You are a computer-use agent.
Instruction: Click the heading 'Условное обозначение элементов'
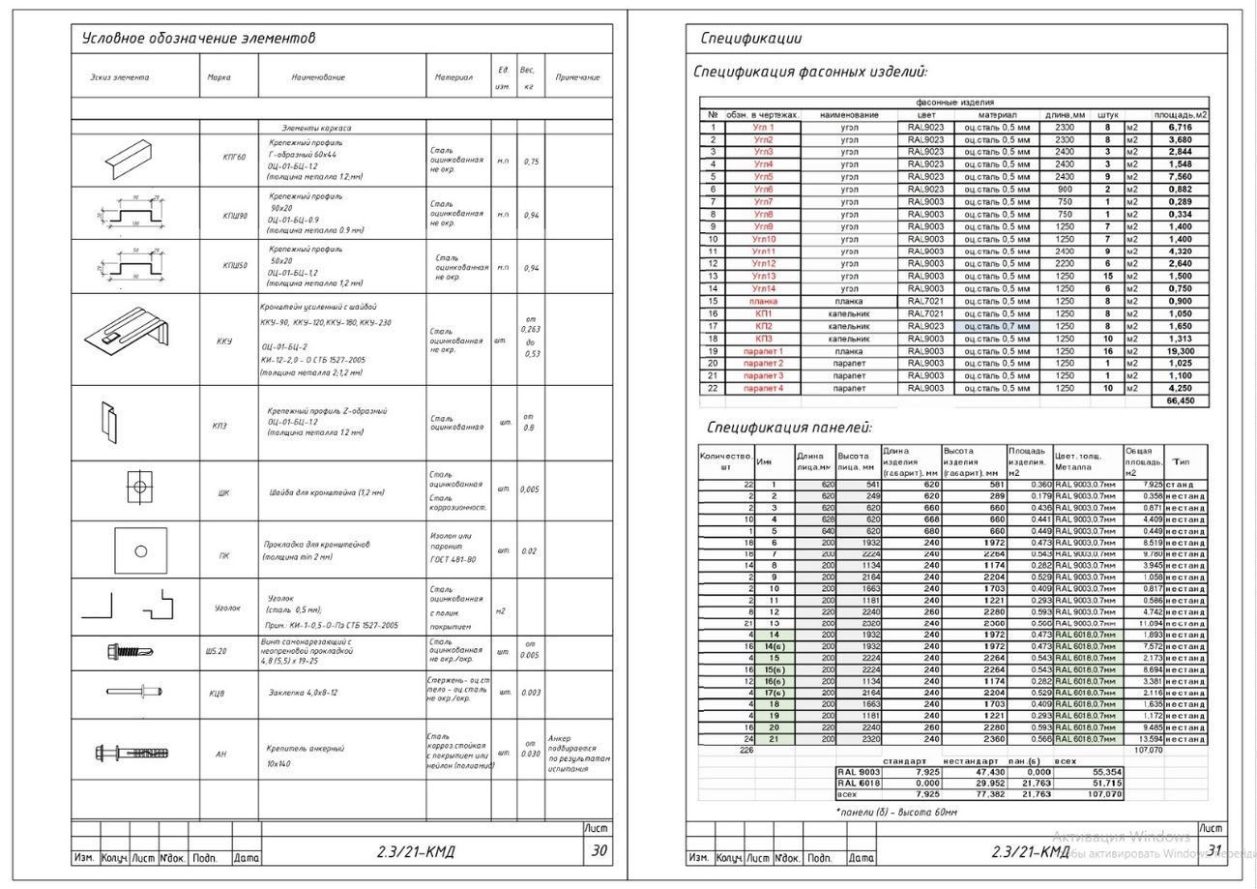(198, 39)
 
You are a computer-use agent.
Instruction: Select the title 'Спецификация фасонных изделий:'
(810, 72)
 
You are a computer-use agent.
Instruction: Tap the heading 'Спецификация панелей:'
(789, 428)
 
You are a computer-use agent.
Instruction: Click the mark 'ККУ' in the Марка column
(224, 341)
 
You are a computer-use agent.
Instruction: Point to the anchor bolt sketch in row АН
(132, 753)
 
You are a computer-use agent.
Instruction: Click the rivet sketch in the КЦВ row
(133, 692)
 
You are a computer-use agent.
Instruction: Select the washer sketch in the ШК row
(139, 487)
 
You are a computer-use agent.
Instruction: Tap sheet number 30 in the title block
(599, 850)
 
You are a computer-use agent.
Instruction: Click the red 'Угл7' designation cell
(763, 202)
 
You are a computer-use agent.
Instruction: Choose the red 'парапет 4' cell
(763, 388)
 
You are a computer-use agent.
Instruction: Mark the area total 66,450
(1180, 400)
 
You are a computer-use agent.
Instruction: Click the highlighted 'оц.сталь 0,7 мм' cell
(996, 327)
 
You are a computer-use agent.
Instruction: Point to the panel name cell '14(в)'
(774, 646)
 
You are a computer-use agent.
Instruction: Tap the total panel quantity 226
(745, 750)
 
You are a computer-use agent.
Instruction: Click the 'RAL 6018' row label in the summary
(859, 783)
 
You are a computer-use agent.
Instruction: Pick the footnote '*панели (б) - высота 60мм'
(895, 813)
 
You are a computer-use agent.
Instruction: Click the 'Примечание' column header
(577, 77)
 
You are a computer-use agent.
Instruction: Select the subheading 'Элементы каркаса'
(316, 128)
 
